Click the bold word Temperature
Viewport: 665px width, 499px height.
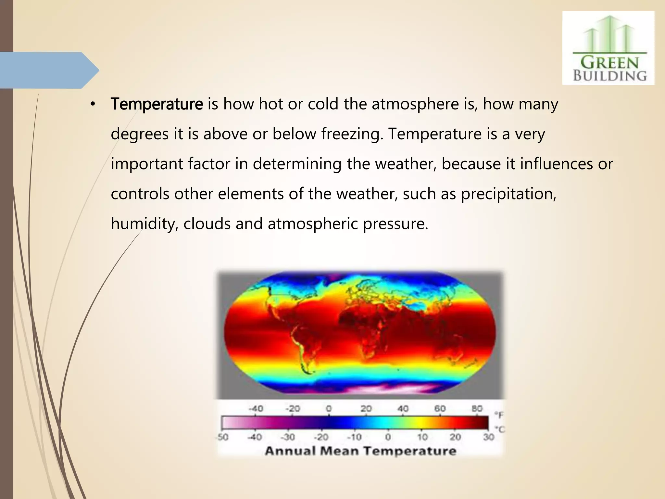157,104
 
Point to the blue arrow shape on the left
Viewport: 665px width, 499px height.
49,70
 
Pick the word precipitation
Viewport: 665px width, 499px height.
508,194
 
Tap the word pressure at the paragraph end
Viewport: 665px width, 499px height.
395,224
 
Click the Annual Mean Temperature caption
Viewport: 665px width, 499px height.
360,451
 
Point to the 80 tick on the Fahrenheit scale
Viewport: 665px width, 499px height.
477,408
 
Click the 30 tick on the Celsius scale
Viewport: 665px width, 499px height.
488,437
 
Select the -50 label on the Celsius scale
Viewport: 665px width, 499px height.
223,437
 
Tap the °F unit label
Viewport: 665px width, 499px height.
499,415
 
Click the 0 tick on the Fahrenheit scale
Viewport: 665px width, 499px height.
329,408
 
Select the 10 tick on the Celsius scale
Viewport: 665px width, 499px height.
422,437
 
